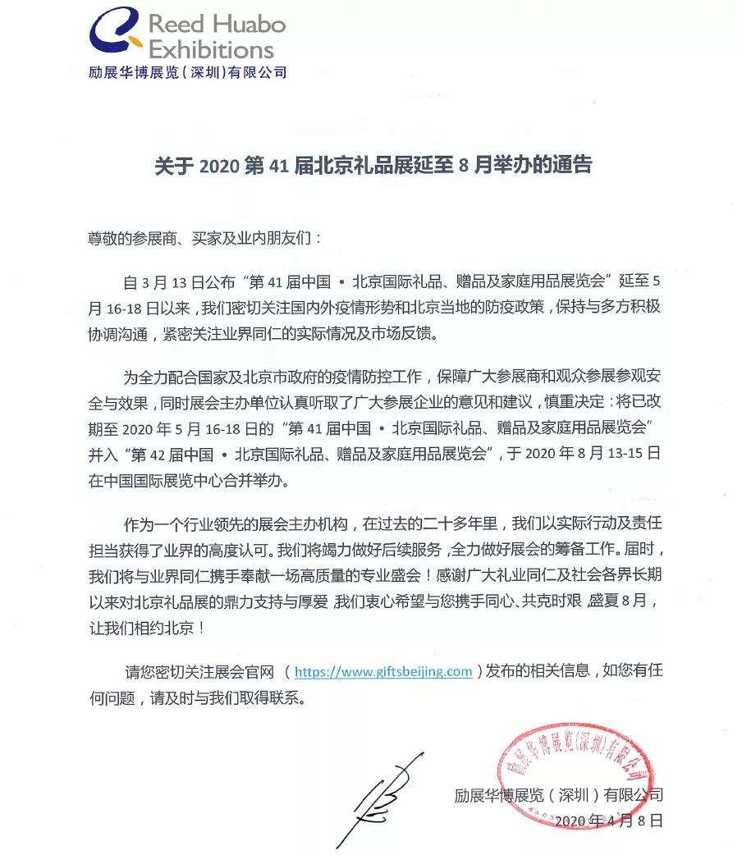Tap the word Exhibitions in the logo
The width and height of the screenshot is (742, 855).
click(x=211, y=49)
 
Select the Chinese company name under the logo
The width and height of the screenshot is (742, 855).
click(x=188, y=73)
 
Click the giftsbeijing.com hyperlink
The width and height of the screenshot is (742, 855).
click(x=383, y=671)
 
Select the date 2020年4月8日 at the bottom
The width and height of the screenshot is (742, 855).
click(x=608, y=820)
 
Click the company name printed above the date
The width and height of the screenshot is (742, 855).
click(x=558, y=794)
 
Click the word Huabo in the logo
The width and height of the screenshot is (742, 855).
click(x=250, y=23)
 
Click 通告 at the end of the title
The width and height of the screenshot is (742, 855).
click(x=572, y=165)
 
